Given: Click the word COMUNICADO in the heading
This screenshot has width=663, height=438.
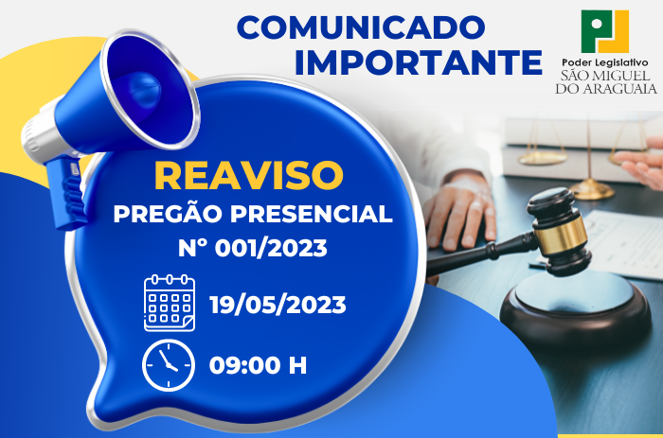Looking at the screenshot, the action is (x=361, y=26).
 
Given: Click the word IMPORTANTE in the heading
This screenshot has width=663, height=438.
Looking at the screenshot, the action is (x=419, y=61).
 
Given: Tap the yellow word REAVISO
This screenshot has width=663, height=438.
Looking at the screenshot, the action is (x=248, y=175).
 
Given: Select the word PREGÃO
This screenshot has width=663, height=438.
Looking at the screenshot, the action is (x=168, y=213).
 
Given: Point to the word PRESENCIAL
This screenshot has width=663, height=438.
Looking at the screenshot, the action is (x=312, y=214).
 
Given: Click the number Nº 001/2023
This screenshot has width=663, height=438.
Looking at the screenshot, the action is (x=253, y=248).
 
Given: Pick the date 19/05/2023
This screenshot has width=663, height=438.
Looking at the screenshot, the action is (x=278, y=305).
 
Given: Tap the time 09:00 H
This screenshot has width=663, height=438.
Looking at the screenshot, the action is (x=258, y=365).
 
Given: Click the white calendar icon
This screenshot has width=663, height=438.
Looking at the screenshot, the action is (x=170, y=303).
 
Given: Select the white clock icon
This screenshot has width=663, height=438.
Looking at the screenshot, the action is (x=169, y=365).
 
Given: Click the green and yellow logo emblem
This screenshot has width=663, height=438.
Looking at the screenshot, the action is (x=605, y=31).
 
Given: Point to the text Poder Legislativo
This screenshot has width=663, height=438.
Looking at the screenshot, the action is (x=604, y=63).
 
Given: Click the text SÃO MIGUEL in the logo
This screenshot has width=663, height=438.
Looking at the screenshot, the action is (x=605, y=76).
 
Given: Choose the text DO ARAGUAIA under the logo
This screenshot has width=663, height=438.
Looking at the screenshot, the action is (x=606, y=88).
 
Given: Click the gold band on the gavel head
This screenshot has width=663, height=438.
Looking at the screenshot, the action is (x=560, y=237).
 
